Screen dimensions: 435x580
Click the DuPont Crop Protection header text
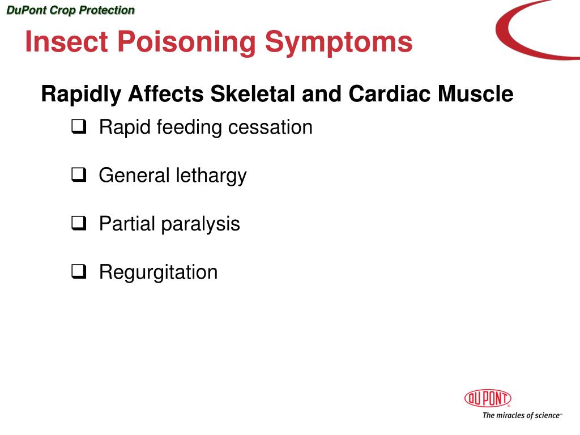click(x=70, y=10)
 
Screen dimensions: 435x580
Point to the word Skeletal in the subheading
click(x=253, y=94)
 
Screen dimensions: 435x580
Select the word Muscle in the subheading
click(x=475, y=94)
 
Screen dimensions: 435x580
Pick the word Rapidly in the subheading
click(x=81, y=94)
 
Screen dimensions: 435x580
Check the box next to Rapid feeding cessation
click(x=78, y=127)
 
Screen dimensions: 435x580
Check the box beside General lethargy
click(x=78, y=176)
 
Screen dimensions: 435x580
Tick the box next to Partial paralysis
click(x=78, y=224)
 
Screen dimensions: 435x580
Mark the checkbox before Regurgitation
click(x=78, y=272)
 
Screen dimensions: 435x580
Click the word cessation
click(x=270, y=127)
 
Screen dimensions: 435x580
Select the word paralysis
click(x=201, y=224)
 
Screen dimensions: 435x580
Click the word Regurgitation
click(x=158, y=272)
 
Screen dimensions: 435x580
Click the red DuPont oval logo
click(x=488, y=399)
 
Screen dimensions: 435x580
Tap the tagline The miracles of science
click(x=521, y=415)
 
